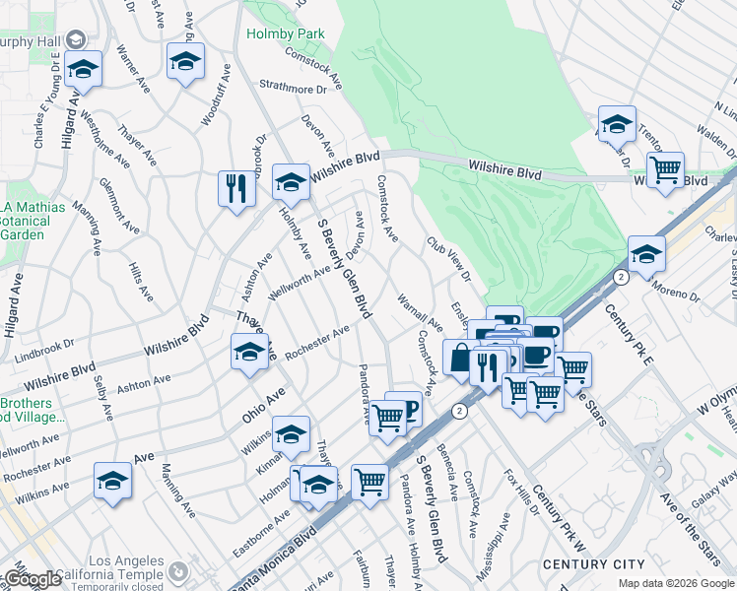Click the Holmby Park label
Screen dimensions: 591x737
pyautogui.click(x=299, y=33)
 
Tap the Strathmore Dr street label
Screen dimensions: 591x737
pyautogui.click(x=293, y=90)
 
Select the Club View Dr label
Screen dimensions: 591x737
pyautogui.click(x=448, y=257)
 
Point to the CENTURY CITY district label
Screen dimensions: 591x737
pyautogui.click(x=593, y=564)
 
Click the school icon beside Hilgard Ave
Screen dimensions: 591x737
pyautogui.click(x=85, y=69)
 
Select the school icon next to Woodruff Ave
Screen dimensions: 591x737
pyautogui.click(x=185, y=61)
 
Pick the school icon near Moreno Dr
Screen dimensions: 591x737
pyautogui.click(x=646, y=253)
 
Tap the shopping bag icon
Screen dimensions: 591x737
pyautogui.click(x=459, y=358)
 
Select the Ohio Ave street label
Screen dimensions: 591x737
pyautogui.click(x=263, y=405)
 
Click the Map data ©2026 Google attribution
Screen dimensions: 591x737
pyautogui.click(x=675, y=583)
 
